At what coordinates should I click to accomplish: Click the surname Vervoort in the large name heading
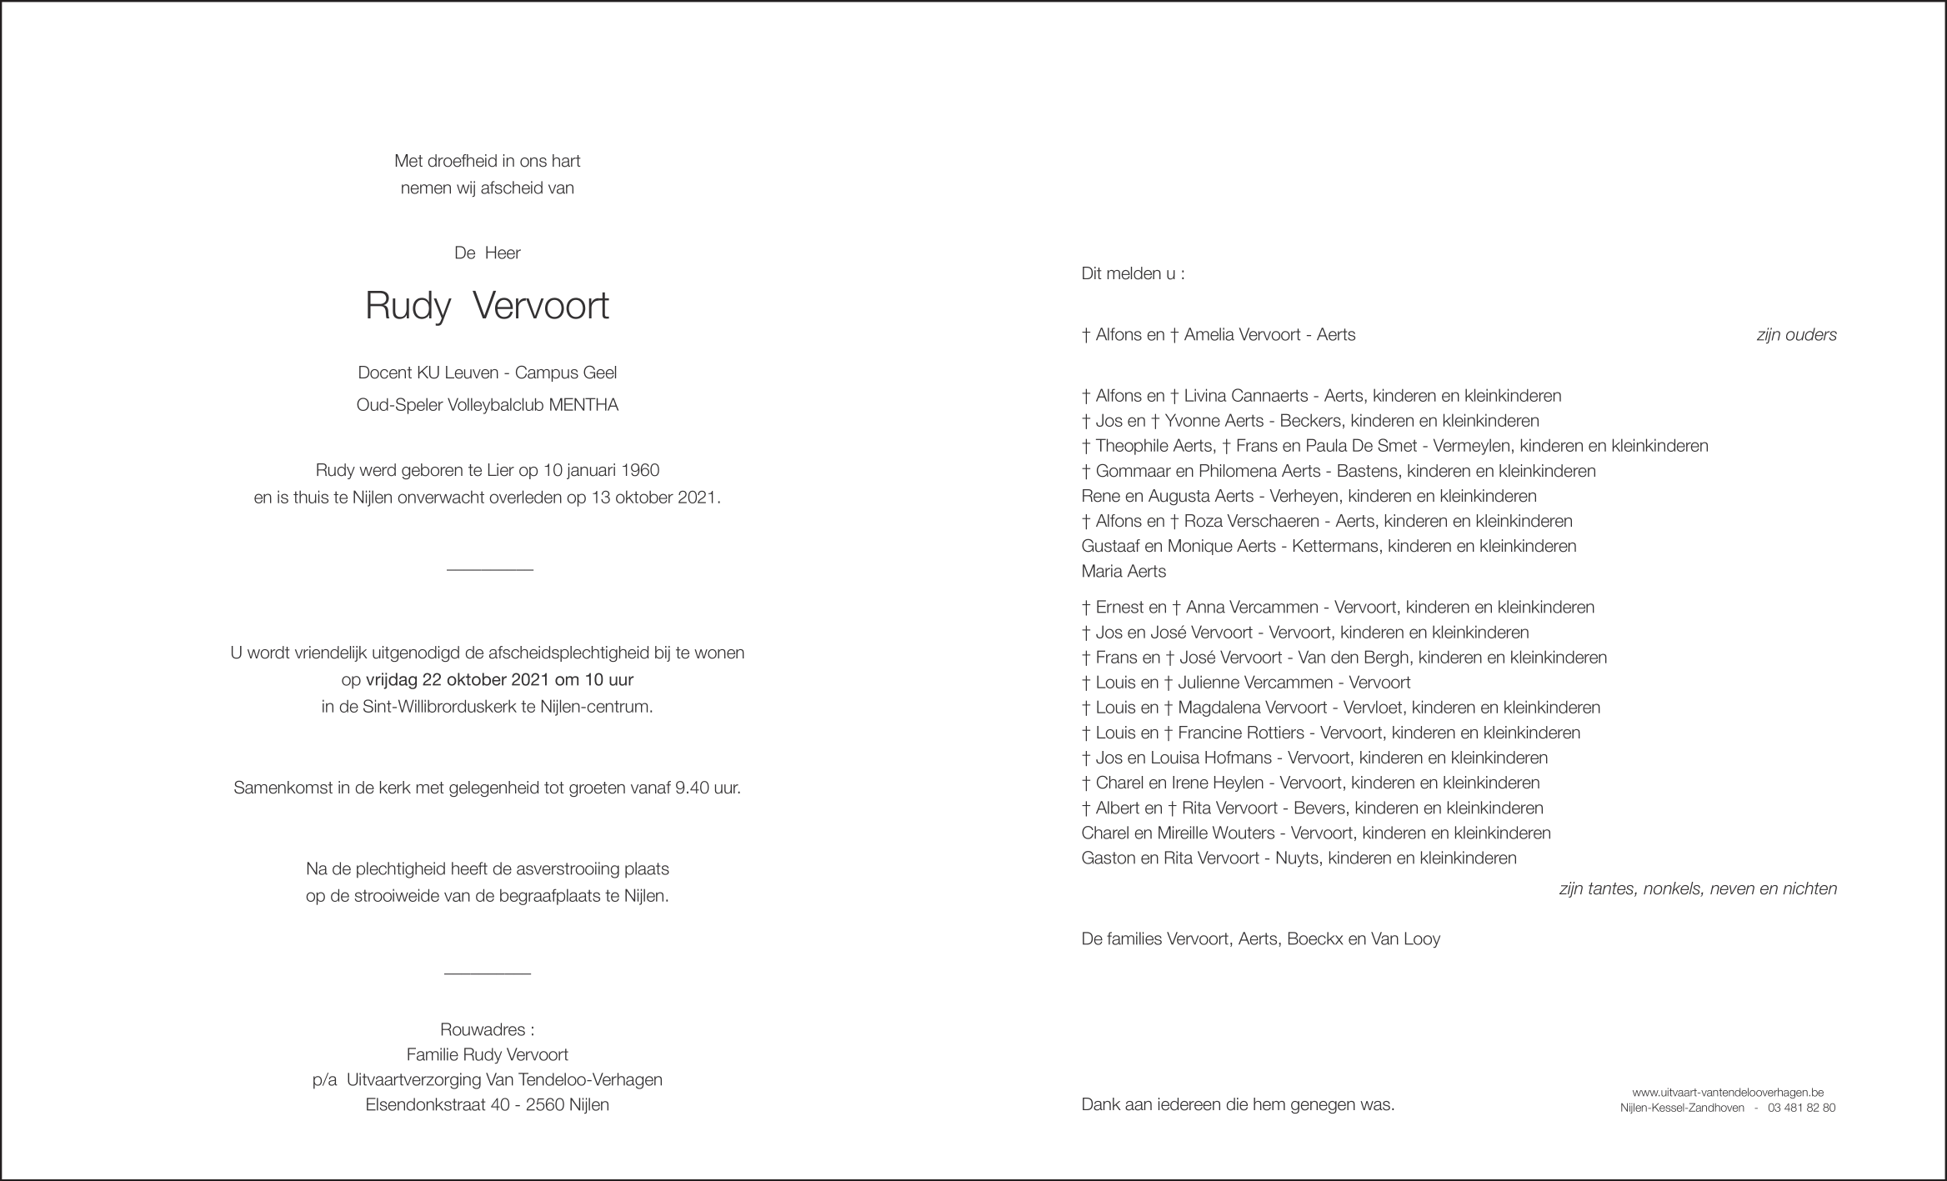coord(541,307)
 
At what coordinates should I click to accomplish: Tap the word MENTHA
coord(583,406)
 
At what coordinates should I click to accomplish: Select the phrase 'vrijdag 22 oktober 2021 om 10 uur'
coord(499,679)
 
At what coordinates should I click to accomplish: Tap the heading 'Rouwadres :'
coord(487,1030)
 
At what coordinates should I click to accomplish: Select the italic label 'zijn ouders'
coord(1796,335)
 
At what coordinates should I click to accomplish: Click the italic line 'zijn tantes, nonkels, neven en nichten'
coord(1697,889)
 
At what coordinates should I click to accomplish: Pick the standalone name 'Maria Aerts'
coord(1123,572)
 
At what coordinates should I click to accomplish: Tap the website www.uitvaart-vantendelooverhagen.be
coord(1727,1093)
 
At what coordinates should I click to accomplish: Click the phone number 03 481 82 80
coord(1800,1108)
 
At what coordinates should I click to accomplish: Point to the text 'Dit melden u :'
coord(1132,273)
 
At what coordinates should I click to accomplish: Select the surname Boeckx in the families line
coord(1314,939)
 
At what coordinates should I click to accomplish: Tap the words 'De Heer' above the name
coord(487,253)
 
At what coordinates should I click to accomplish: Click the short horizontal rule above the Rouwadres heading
coord(488,973)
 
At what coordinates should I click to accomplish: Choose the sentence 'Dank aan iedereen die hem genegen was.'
coord(1237,1105)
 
